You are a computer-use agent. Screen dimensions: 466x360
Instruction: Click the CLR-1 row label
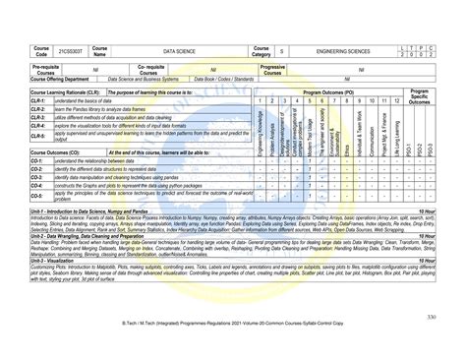39,100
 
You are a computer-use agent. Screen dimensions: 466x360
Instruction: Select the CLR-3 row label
39,117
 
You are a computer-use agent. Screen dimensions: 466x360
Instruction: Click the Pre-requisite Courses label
46,69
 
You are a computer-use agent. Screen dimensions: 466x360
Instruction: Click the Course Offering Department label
65,79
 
